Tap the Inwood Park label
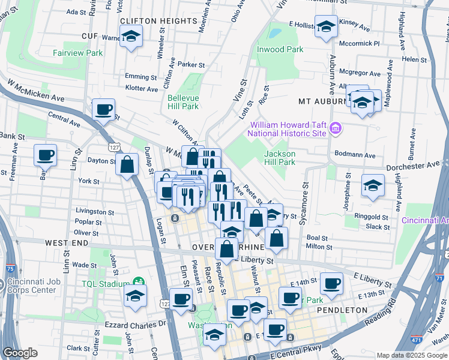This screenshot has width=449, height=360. pyautogui.click(x=280, y=49)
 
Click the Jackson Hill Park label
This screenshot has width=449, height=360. pyautogui.click(x=280, y=158)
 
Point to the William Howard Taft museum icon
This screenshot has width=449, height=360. pyautogui.click(x=335, y=128)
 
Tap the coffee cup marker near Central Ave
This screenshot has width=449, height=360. pyautogui.click(x=103, y=110)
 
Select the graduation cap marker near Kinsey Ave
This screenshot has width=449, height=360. pyautogui.click(x=326, y=27)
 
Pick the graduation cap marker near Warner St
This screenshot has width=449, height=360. pyautogui.click(x=130, y=38)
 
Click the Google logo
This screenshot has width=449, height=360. pyautogui.click(x=20, y=353)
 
